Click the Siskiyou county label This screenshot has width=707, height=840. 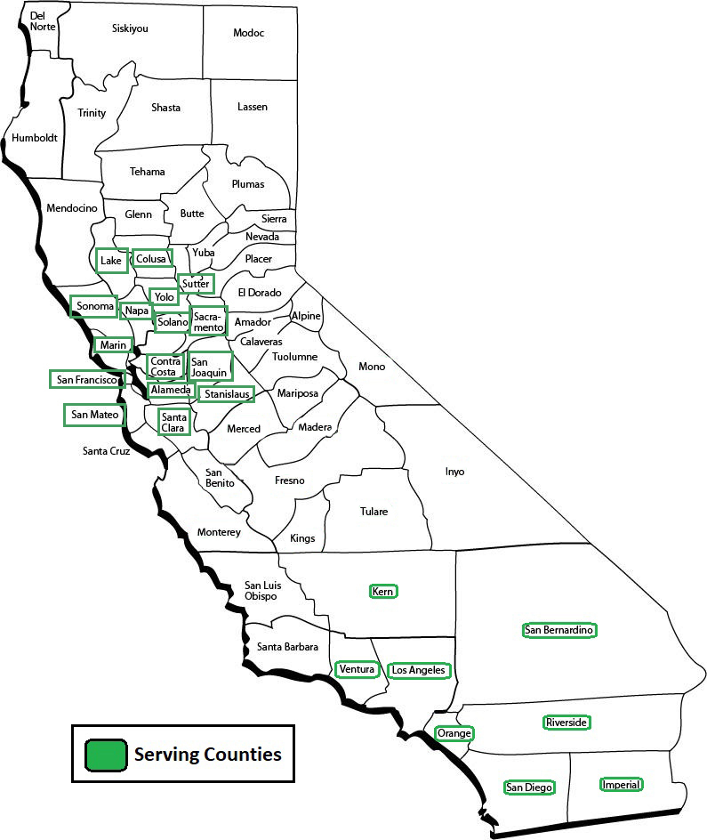click(x=130, y=28)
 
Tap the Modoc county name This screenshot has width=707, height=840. click(x=249, y=33)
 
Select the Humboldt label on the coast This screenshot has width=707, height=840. click(x=35, y=138)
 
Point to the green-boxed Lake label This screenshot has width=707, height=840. click(x=111, y=261)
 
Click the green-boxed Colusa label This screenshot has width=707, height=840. click(x=151, y=259)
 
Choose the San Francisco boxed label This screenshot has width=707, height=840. click(x=86, y=379)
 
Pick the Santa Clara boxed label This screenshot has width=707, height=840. click(x=173, y=422)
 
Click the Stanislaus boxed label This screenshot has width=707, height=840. click(x=226, y=393)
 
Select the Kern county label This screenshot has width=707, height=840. click(x=383, y=591)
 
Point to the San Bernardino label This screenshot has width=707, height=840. click(x=559, y=630)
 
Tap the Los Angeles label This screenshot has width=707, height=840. click(x=418, y=670)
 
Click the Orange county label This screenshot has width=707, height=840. click(x=454, y=734)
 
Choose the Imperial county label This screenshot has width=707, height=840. click(x=621, y=785)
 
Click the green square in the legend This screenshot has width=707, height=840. click(x=105, y=755)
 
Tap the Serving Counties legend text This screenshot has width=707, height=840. click(x=207, y=755)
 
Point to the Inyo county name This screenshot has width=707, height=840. click(x=454, y=472)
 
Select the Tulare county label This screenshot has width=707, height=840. click(x=374, y=512)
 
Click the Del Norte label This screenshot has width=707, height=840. click(x=43, y=21)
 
